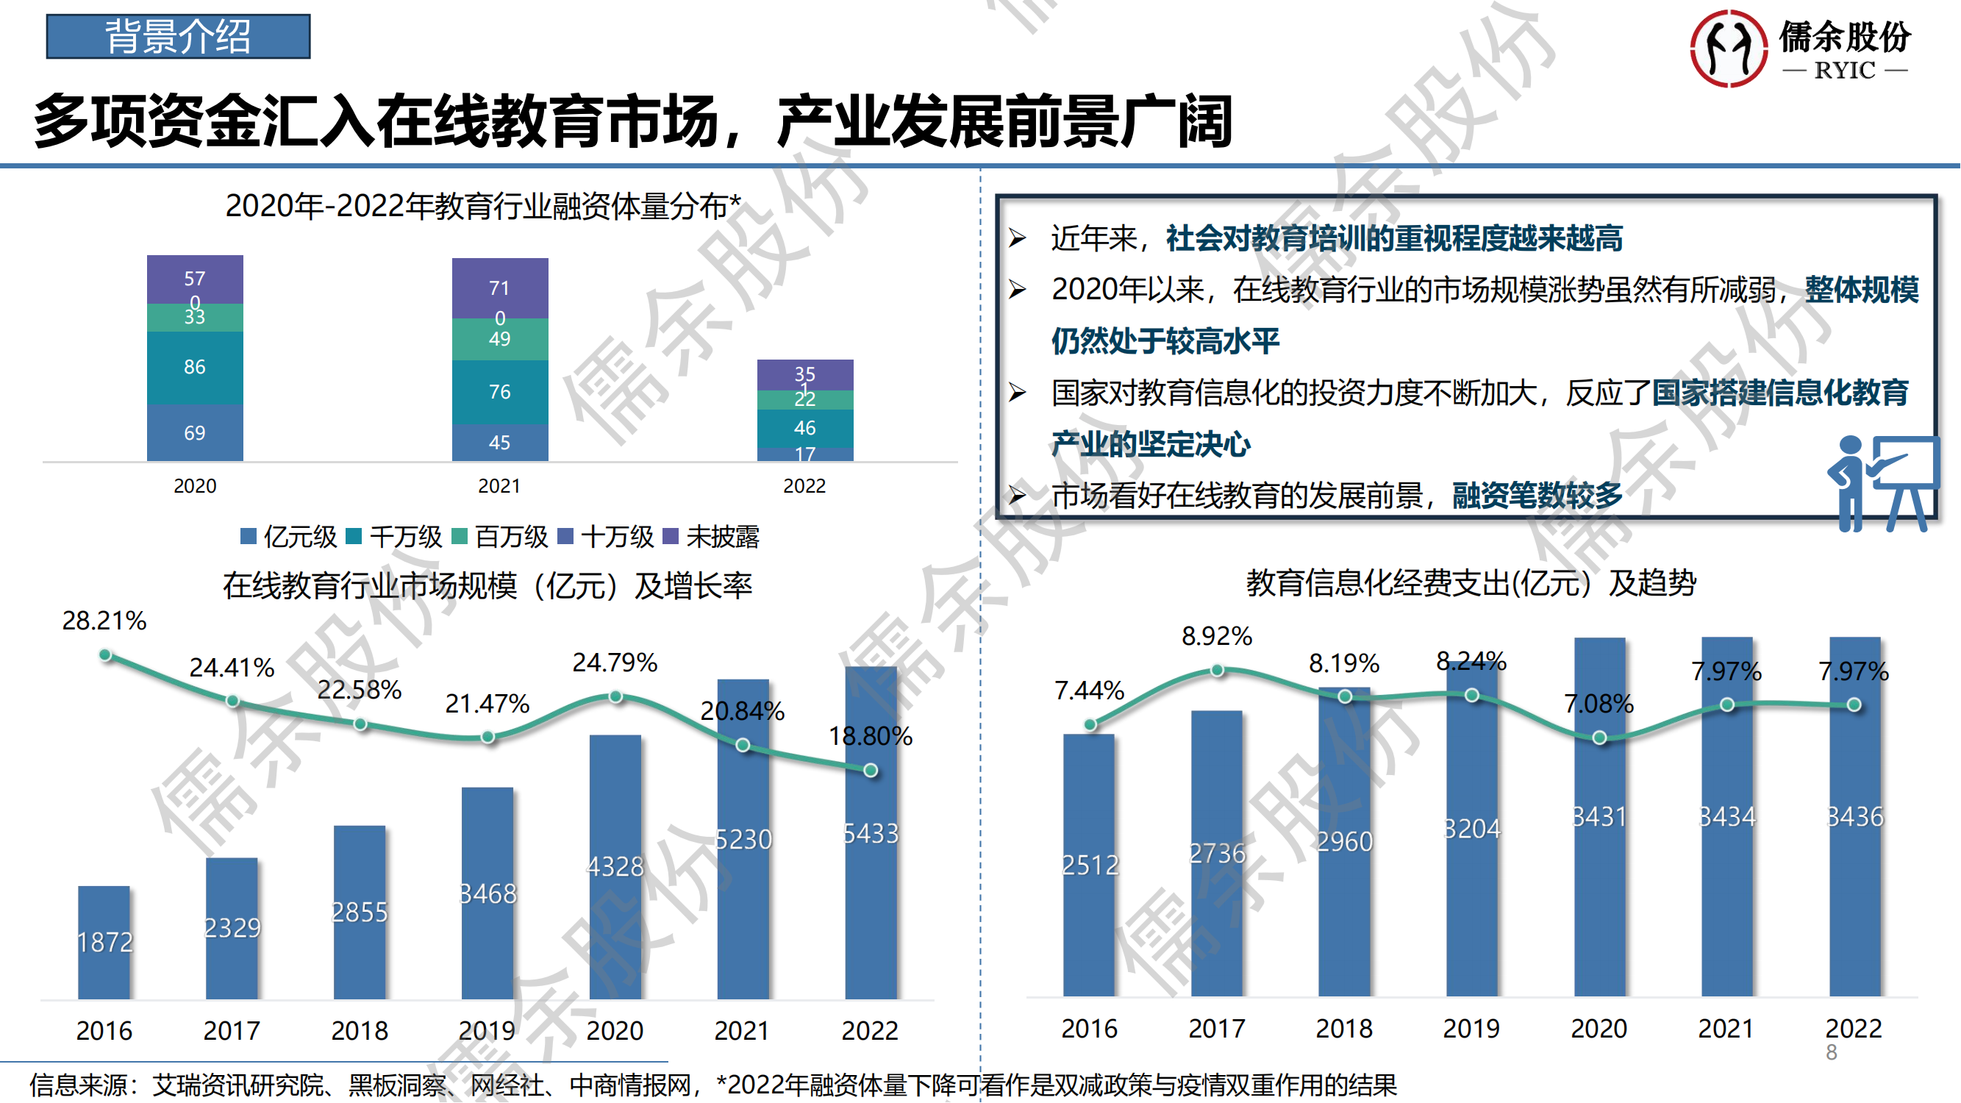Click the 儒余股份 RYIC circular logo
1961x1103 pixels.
pos(1728,48)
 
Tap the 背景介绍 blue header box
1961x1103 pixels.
pos(178,36)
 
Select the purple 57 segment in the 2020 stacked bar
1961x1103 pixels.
pos(195,278)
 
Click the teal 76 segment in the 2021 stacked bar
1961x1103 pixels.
pos(499,391)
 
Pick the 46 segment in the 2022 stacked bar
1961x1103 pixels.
pos(804,428)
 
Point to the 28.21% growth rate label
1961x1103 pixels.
pos(104,621)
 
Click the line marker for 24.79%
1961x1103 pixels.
pos(616,696)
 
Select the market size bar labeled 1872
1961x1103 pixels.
pos(104,942)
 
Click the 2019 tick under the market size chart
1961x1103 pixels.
pos(487,1030)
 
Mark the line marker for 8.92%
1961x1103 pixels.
pos(1217,670)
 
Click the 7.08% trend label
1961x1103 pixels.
pos(1599,704)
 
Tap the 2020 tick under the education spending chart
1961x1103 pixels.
pos(1599,1029)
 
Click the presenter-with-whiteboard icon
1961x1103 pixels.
pos(1882,483)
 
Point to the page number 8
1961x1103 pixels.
pos(1831,1052)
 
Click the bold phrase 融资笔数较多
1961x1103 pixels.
pos(1537,496)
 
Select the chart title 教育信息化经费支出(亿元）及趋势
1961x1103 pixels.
pos(1471,583)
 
